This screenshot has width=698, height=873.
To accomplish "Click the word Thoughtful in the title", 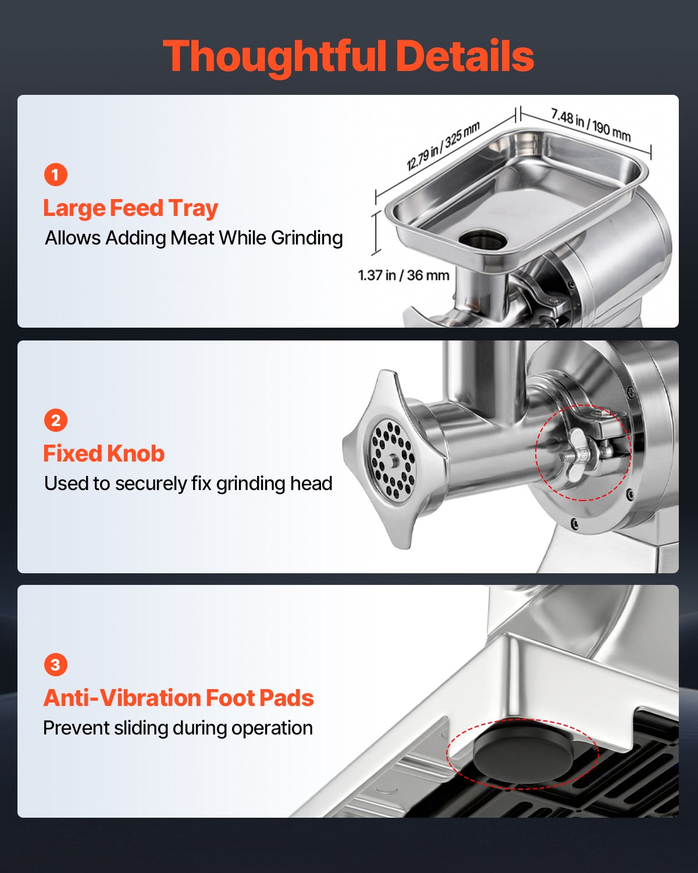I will (274, 56).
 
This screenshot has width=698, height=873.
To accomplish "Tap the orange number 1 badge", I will (56, 175).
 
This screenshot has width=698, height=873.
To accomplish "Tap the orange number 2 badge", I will (56, 420).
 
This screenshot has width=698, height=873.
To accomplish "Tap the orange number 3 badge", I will (56, 665).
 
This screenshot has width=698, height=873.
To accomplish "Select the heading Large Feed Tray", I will (130, 208).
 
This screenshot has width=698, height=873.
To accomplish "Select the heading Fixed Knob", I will (104, 453).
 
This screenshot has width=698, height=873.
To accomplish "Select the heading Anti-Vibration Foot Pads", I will (178, 698).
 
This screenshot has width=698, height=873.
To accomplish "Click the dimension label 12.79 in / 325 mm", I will (443, 145).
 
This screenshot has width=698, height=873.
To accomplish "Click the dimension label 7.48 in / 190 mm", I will (590, 125).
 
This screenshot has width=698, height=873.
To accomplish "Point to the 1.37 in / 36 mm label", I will (403, 275).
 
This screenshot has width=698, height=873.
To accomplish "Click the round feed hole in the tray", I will (482, 238).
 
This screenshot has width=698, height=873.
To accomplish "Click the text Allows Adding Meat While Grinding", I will (194, 238).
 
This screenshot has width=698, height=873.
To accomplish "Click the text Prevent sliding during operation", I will (178, 728).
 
